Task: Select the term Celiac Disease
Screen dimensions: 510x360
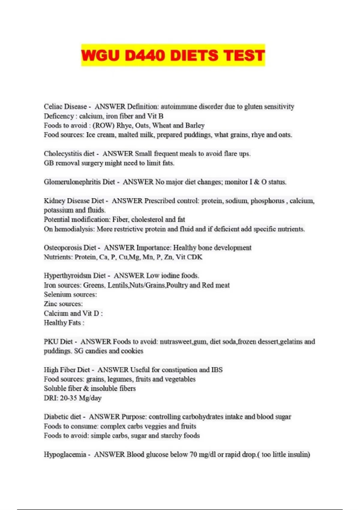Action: tap(65, 106)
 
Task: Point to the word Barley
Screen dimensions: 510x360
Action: tap(195, 125)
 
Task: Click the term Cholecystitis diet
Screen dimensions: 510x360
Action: tap(69, 154)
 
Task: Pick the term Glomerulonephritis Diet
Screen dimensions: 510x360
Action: tap(79, 182)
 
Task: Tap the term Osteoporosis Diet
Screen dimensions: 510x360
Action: tap(70, 248)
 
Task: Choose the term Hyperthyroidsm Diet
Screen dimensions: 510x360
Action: tap(75, 276)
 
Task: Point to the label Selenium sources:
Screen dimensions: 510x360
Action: tap(70, 295)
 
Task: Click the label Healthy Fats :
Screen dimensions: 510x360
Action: tap(64, 323)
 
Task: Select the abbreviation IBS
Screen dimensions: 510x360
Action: tap(217, 370)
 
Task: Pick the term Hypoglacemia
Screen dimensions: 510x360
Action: tap(65, 454)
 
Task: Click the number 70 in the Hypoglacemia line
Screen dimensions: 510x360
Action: tap(193, 454)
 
